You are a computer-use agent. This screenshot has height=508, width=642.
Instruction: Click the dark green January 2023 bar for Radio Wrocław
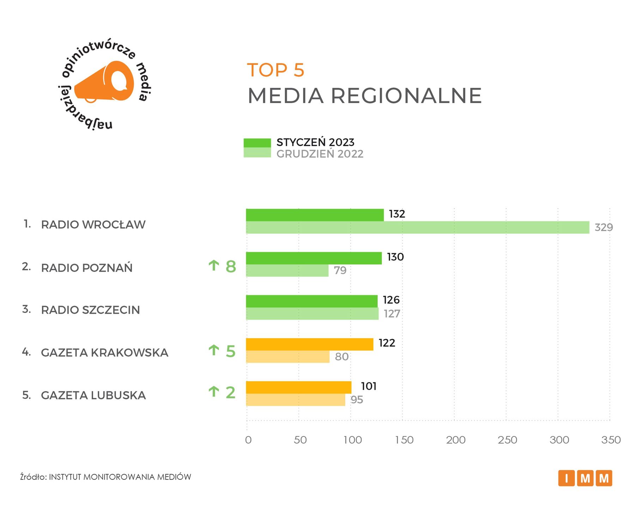[315, 215]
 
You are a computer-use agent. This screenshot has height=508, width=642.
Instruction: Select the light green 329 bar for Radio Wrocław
[417, 228]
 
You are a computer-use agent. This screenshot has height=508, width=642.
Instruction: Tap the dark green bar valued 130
[314, 258]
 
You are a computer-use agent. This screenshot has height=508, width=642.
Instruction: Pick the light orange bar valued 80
[287, 357]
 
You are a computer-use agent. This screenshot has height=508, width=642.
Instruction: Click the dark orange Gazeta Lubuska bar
[298, 387]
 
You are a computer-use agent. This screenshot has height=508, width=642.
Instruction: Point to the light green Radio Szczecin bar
[312, 314]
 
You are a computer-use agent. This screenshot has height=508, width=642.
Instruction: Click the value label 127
[392, 314]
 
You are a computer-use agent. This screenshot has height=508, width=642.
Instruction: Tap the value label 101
[369, 386]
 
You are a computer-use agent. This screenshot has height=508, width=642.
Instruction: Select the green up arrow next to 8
[214, 265]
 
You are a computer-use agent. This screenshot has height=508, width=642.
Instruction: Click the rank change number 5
[230, 351]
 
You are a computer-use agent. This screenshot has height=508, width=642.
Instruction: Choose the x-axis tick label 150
[404, 440]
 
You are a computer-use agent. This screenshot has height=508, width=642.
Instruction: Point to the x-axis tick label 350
[611, 440]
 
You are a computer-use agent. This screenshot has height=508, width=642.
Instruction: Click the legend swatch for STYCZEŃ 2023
[257, 143]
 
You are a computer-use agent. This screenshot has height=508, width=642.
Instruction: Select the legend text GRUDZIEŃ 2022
[320, 154]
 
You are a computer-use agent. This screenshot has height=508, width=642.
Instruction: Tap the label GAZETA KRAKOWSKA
[104, 352]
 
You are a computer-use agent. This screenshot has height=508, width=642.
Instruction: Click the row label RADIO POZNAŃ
[87, 268]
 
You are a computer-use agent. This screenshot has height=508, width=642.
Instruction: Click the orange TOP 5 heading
[275, 70]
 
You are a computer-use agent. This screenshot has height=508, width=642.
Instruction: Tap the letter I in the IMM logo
[567, 478]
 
